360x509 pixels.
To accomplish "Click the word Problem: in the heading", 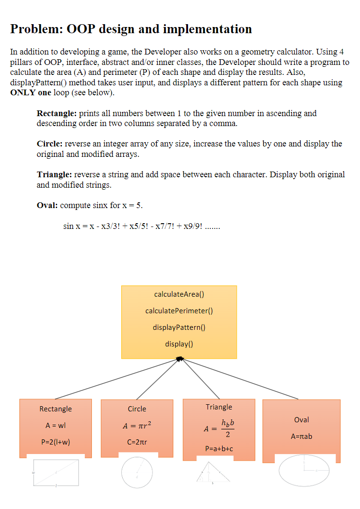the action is [36, 29].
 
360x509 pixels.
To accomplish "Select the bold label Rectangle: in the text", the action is [57, 113].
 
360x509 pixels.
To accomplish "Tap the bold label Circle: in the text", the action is [50, 144].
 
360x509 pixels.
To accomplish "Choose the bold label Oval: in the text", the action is [47, 205].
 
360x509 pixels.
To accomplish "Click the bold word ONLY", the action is [22, 92].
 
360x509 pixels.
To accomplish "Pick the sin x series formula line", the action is [141, 226].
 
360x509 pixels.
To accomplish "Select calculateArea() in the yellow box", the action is [179, 294].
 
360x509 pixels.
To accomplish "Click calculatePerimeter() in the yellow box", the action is [179, 310].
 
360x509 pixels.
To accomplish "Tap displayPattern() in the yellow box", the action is [179, 327].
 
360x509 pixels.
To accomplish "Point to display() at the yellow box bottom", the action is [179, 344].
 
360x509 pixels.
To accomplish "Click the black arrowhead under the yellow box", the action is [180, 359].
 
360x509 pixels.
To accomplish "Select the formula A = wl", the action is [55, 425].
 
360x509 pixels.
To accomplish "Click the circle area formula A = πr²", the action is [137, 425].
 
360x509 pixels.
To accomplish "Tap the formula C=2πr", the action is [137, 442].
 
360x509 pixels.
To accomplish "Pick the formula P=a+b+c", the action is [219, 448].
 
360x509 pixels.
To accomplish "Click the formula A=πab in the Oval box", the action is [301, 436].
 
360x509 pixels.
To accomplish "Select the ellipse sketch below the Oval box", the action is [304, 470].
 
